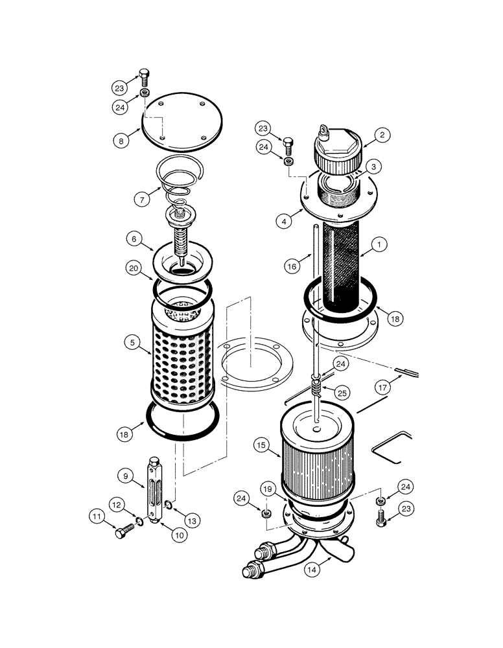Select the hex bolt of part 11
tap(124, 533)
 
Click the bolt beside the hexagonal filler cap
tap(288, 141)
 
